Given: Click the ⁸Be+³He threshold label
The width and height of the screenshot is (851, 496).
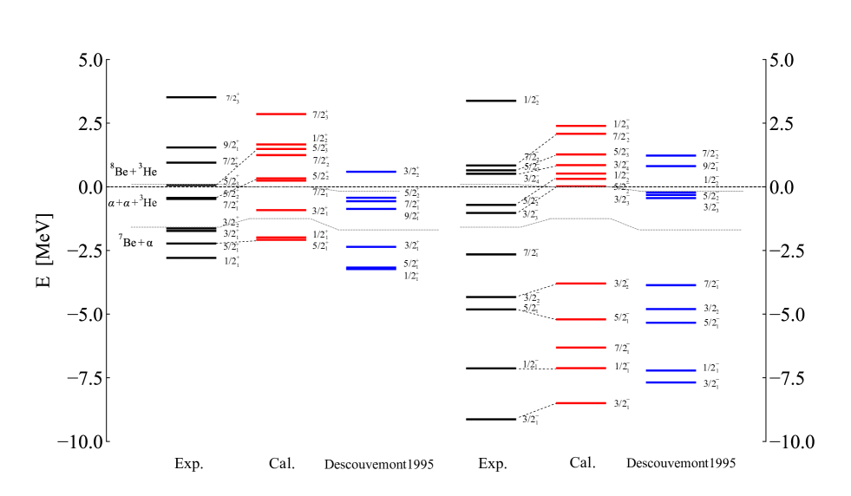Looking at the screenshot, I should click(x=133, y=169).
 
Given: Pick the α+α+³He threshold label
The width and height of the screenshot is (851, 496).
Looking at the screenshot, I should click(x=132, y=203).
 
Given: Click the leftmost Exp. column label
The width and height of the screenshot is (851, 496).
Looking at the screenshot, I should click(x=189, y=464).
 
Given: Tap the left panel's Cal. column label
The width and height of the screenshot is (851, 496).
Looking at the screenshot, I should click(x=282, y=464).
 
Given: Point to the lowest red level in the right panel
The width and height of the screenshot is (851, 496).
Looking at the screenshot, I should click(x=580, y=403).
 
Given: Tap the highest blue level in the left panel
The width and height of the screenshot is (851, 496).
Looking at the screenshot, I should click(x=371, y=172).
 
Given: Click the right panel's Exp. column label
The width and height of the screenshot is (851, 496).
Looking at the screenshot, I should click(x=493, y=464).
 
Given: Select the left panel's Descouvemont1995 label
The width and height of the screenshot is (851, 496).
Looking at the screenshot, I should click(x=378, y=464).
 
